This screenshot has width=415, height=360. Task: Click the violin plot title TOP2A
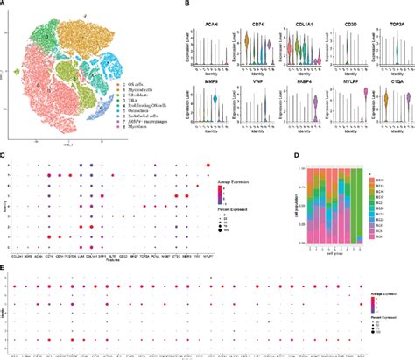tap(390, 15)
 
